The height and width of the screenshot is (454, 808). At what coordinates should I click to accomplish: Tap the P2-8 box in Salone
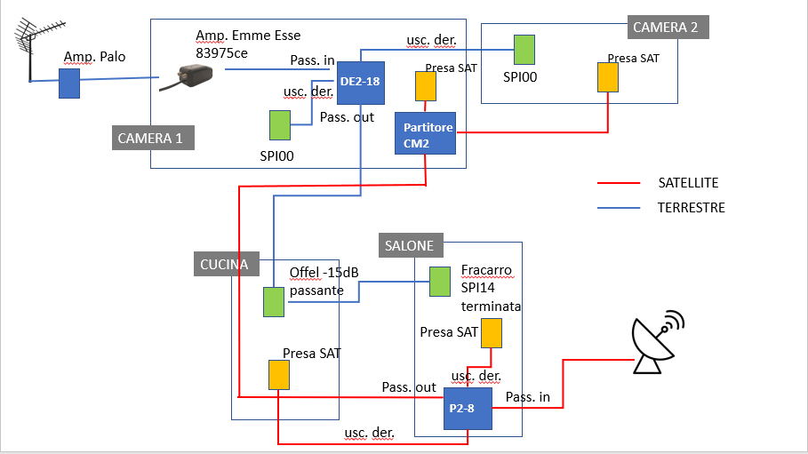[x=468, y=409]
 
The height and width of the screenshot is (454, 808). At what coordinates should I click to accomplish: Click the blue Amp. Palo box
[x=69, y=84]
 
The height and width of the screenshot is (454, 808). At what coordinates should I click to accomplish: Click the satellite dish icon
[x=655, y=342]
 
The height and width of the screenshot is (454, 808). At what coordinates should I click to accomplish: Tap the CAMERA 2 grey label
[x=666, y=27]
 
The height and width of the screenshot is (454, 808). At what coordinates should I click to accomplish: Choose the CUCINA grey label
[x=224, y=264]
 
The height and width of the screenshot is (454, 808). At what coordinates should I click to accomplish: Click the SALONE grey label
[x=410, y=245]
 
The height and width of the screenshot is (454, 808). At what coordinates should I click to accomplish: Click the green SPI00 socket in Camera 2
[x=524, y=48]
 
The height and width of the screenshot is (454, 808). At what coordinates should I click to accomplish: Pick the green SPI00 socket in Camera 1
[x=280, y=124]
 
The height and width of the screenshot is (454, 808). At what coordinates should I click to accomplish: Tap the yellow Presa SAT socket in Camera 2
[x=608, y=77]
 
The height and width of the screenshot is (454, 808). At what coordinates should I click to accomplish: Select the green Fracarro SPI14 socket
[x=440, y=282]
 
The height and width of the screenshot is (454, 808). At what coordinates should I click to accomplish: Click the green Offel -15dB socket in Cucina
[x=273, y=301]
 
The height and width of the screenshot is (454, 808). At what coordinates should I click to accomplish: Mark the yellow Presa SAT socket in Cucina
[x=279, y=374]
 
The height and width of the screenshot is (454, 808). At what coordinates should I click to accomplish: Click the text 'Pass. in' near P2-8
[x=528, y=397]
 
